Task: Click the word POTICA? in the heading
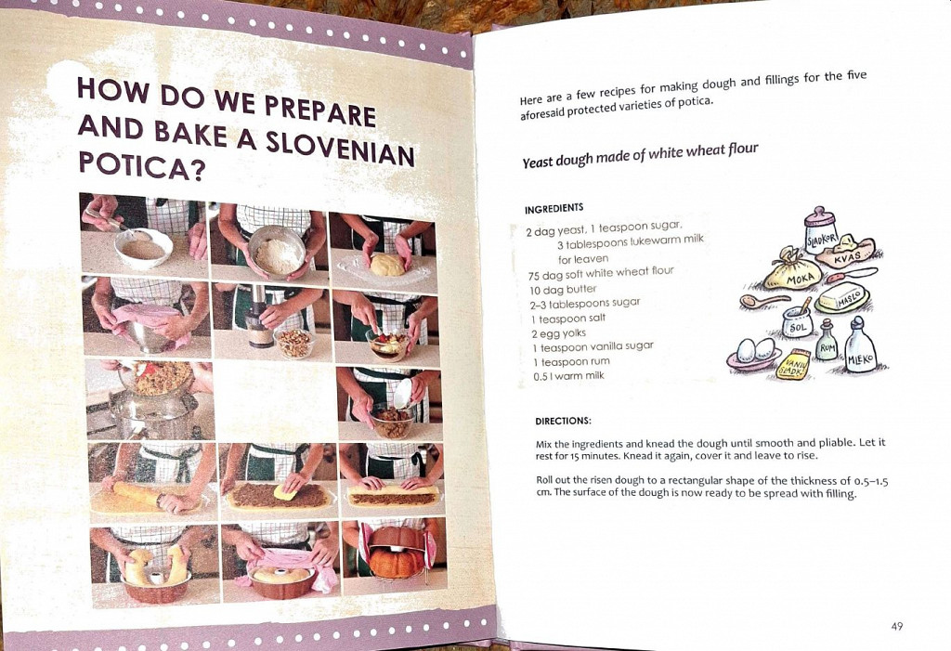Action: pos(141,165)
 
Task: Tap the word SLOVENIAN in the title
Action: pos(340,148)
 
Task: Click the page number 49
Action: pos(897,626)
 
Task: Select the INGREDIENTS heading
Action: pos(554,208)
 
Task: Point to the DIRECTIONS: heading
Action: pos(563,421)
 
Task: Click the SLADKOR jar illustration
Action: pos(821,232)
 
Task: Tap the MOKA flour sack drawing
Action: pos(796,272)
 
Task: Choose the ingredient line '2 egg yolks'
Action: pos(558,333)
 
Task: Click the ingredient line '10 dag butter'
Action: pos(564,290)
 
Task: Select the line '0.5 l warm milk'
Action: pos(568,376)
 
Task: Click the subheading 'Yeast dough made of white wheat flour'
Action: pos(641,155)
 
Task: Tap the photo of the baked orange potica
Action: pos(395,553)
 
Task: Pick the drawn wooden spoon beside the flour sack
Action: pos(763,299)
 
